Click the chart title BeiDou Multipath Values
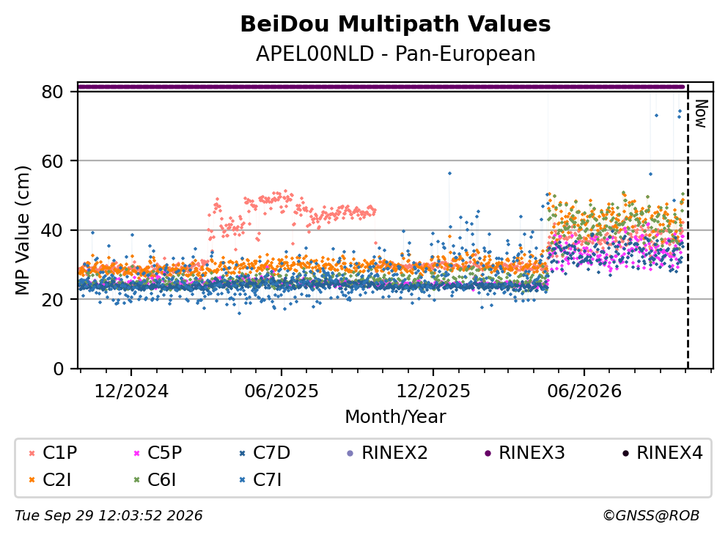(x=395, y=24)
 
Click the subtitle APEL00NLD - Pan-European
(x=396, y=54)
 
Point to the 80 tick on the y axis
(x=52, y=92)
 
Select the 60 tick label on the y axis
(x=52, y=161)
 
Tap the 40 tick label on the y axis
(x=52, y=230)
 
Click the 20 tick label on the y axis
(x=52, y=299)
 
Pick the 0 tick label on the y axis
(x=58, y=369)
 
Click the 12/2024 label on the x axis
(x=131, y=391)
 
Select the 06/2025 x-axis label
(x=282, y=391)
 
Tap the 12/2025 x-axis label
(x=433, y=391)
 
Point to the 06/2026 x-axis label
(x=584, y=391)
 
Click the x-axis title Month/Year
(x=396, y=417)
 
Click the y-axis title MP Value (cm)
(x=22, y=230)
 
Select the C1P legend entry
(x=53, y=452)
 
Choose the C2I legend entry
(x=50, y=480)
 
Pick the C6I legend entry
(x=155, y=480)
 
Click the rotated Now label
(x=701, y=114)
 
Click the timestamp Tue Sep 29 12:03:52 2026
(x=109, y=516)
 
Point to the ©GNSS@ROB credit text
(x=651, y=516)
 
